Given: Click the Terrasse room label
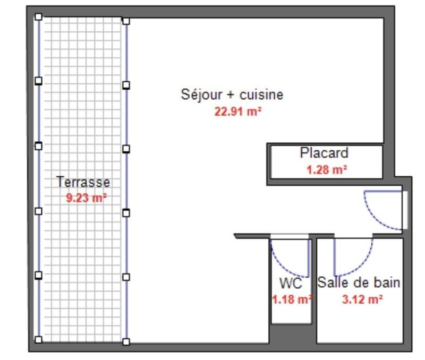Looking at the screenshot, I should pyautogui.click(x=83, y=182).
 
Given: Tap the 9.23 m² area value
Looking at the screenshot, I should pyautogui.click(x=86, y=198).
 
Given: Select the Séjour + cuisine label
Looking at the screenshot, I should pyautogui.click(x=232, y=95).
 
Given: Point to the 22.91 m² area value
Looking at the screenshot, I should pyautogui.click(x=237, y=112).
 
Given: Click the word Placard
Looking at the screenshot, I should pyautogui.click(x=324, y=153).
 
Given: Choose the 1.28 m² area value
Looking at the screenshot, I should pyautogui.click(x=326, y=170).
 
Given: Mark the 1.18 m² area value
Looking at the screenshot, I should pyautogui.click(x=291, y=299).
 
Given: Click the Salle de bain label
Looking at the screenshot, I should pyautogui.click(x=359, y=282).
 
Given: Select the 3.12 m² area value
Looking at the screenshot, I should pyautogui.click(x=362, y=299).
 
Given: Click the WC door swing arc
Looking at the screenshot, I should pyautogui.click(x=282, y=263).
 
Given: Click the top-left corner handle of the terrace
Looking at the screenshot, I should pyautogui.click(x=38, y=17).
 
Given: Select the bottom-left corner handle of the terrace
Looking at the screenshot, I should pyautogui.click(x=38, y=339).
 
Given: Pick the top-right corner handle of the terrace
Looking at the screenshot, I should pyautogui.click(x=126, y=21).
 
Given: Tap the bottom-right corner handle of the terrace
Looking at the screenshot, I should pyautogui.click(x=126, y=341).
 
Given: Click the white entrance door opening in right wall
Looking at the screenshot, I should pyautogui.click(x=405, y=210).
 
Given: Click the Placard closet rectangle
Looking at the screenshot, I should pyautogui.click(x=326, y=161).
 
